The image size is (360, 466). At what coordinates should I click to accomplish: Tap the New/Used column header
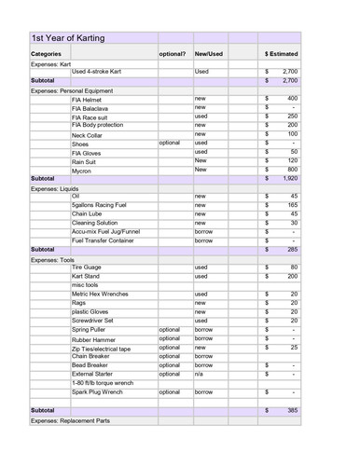pos(209,54)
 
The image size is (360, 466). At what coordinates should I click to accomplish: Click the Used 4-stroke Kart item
pos(103,71)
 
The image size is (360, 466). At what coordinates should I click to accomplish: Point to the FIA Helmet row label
pos(87,99)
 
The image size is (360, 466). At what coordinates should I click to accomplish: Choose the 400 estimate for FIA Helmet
pos(292,98)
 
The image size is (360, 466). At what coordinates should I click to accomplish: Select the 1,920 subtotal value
pos(289,178)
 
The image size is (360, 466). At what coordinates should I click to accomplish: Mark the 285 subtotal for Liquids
pos(291,250)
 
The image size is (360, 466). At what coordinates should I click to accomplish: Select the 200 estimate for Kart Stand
pos(292,277)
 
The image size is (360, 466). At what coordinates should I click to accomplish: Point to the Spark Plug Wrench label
pos(97,392)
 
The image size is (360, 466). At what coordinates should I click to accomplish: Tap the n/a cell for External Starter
pos(200,374)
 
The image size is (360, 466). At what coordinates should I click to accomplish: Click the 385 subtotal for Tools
pos(291,410)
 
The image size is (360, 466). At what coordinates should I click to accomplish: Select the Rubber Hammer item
pos(92,339)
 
